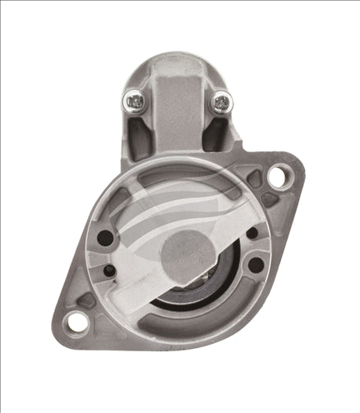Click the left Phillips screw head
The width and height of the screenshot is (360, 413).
pyautogui.click(x=134, y=102)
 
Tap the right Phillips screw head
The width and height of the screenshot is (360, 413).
pyautogui.click(x=222, y=103)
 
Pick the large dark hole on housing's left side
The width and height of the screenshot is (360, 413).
pyautogui.click(x=105, y=239)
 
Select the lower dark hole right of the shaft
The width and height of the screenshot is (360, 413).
pyautogui.click(x=256, y=265)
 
